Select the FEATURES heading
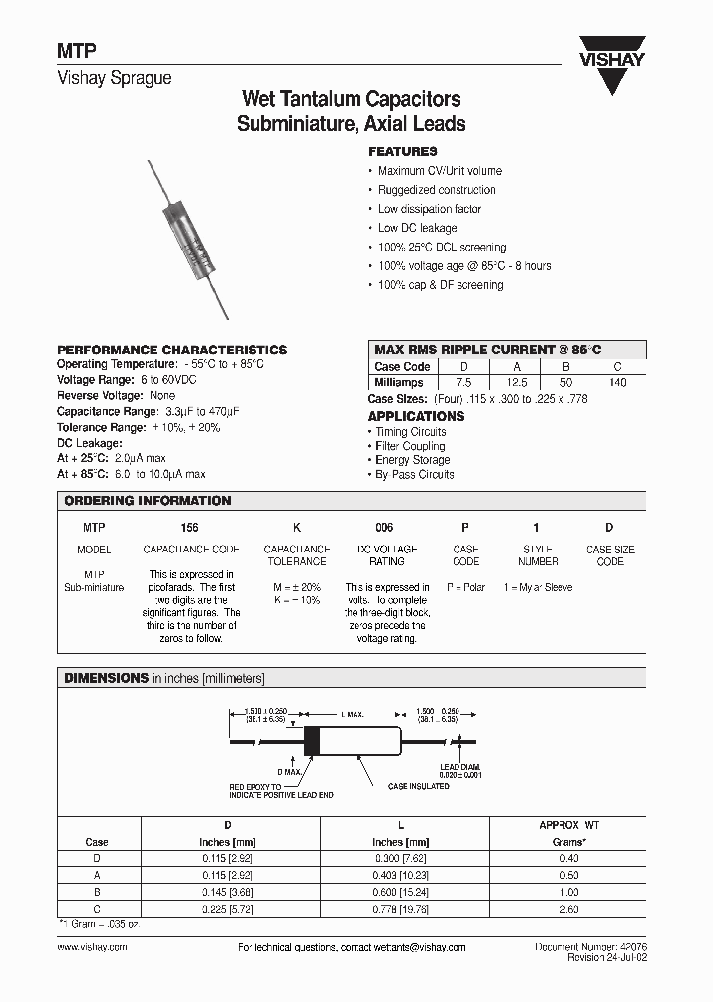point(402,151)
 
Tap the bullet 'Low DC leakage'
point(417,228)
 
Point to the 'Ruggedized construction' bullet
point(437,190)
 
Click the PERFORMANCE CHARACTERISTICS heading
point(172,350)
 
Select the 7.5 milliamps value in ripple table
point(462,382)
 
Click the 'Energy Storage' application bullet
point(412,460)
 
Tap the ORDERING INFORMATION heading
point(148,501)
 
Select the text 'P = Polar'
point(465,587)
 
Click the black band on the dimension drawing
point(311,741)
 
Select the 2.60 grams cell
point(568,906)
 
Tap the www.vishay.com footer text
point(92,948)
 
